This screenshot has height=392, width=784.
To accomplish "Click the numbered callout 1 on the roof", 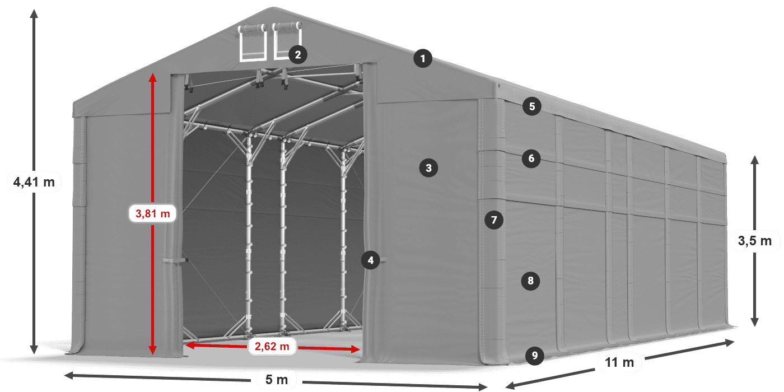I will (x=423, y=58).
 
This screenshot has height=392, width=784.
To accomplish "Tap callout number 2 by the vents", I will (x=297, y=54).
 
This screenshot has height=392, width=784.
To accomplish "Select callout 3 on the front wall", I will (x=429, y=167).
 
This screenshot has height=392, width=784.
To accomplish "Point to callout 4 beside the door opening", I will (x=370, y=260).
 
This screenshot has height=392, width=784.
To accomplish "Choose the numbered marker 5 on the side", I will (x=531, y=106).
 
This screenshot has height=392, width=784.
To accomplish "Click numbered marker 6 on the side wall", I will (x=531, y=158).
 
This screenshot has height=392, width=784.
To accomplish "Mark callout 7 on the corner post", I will (x=493, y=220).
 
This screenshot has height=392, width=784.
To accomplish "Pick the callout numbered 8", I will (x=530, y=280).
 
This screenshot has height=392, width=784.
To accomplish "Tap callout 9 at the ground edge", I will (x=535, y=354).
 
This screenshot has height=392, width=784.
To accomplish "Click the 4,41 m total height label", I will (x=34, y=181).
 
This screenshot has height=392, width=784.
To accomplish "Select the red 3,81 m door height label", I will (x=152, y=213).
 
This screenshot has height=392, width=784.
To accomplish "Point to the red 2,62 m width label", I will (x=272, y=347).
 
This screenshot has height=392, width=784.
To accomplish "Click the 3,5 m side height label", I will (x=754, y=241).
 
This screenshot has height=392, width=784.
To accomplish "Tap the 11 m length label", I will (x=619, y=363).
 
